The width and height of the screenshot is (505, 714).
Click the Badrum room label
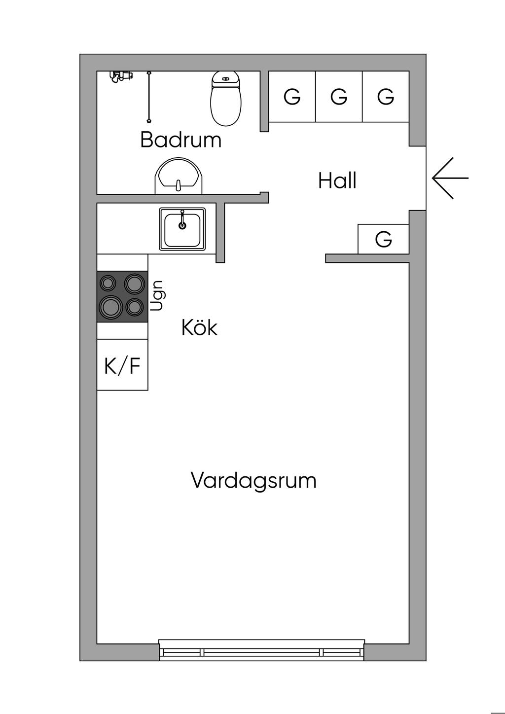coord(181,140)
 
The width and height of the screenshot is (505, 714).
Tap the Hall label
coord(337,180)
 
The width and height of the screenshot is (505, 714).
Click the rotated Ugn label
coord(157,296)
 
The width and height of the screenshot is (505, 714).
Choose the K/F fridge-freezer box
coord(122,365)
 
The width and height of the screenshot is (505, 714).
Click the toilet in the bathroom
coord(226,98)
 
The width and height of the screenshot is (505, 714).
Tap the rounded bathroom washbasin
coord(179,176)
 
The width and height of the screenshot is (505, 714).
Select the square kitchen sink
coord(182,229)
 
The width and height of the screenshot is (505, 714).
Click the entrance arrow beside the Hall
coord(450,178)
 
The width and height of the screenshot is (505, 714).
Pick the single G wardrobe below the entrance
coord(383,239)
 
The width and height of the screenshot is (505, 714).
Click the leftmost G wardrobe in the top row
coord(292,96)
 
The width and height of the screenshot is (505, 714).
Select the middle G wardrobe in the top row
coord(339,96)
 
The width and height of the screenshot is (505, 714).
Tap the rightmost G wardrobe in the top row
coord(386,96)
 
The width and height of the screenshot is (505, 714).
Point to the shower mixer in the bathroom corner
coord(120,76)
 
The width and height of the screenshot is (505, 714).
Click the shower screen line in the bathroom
coord(148,97)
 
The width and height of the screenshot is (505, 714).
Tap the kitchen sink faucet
coord(182,219)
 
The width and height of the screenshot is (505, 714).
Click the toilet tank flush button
coord(226,78)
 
